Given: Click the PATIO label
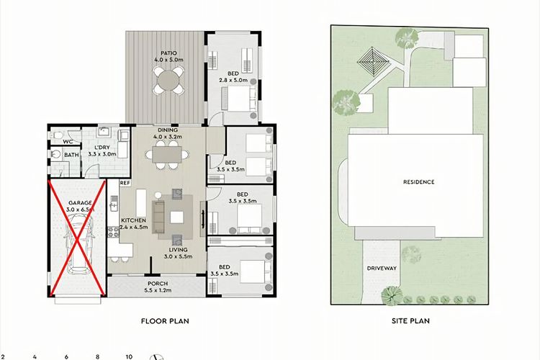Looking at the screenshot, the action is [168, 53].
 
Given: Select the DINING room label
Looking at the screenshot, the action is [168, 130].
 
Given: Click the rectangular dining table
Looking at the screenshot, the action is [167, 154].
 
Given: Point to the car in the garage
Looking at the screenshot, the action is [79, 243].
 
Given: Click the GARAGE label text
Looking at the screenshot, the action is [80, 203].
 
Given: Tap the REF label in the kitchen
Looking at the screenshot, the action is [125, 183].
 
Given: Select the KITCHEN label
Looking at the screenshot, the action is [134, 220].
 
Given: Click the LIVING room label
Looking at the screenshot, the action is [178, 249].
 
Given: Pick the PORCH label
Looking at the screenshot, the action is [158, 284].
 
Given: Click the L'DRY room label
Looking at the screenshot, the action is [102, 148].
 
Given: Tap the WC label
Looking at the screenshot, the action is [68, 142].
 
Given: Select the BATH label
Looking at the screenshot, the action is [71, 155].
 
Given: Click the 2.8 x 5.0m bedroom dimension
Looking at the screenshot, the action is [233, 80].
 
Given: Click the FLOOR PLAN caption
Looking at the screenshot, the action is [165, 321].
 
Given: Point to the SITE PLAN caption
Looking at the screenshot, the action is [410, 320].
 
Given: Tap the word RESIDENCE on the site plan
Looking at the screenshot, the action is [419, 182].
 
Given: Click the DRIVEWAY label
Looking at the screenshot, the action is [382, 268].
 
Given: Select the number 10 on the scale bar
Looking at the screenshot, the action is [129, 356].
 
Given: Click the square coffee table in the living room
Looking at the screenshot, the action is [176, 217].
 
